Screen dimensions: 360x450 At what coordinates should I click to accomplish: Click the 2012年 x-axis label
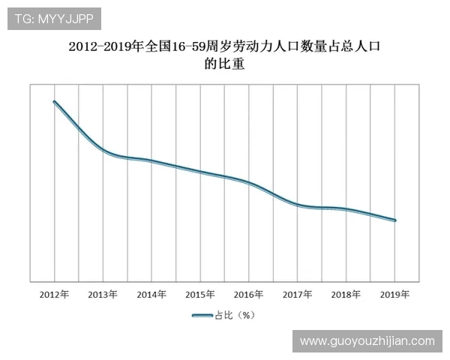54,295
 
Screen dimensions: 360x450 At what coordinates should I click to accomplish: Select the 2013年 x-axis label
103,295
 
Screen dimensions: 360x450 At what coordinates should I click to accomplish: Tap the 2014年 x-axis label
151,295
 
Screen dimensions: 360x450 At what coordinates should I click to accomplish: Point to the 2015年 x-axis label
200,295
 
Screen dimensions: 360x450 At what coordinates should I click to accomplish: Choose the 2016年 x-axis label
249,295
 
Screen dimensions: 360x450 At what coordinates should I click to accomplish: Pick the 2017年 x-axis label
298,295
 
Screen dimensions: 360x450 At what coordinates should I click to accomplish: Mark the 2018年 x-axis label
346,295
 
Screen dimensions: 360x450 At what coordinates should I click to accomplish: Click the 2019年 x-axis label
395,295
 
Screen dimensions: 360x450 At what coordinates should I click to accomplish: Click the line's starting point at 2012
54,101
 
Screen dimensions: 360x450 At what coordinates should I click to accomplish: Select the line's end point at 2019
395,220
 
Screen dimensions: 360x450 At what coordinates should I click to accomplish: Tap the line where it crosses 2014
151,160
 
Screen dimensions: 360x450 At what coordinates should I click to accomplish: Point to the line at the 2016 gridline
249,183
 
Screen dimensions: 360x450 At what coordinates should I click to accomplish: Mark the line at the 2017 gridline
298,204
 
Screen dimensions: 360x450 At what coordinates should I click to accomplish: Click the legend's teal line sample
202,316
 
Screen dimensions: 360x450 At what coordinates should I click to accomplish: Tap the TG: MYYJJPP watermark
54,18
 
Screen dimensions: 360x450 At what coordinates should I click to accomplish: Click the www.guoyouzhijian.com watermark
367,341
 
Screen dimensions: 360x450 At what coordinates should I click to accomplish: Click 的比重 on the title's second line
225,65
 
